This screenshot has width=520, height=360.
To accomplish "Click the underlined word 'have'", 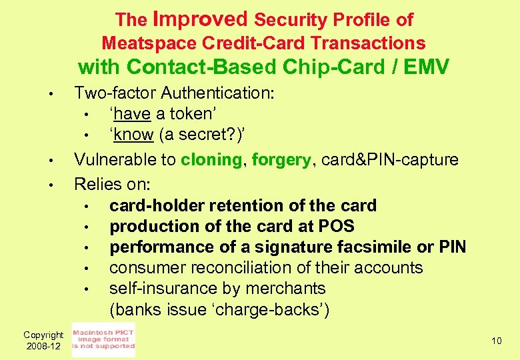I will pyautogui.click(x=132, y=113).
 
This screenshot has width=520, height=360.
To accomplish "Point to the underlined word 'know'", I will pyautogui.click(x=134, y=134).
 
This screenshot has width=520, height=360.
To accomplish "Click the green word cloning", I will pyautogui.click(x=211, y=160).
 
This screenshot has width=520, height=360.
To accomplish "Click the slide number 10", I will pyautogui.click(x=496, y=341).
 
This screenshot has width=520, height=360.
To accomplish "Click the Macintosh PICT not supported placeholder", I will pyautogui.click(x=103, y=339).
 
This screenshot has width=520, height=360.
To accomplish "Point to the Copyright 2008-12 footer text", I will pyautogui.click(x=43, y=341).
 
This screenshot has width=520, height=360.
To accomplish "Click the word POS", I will pyautogui.click(x=337, y=227).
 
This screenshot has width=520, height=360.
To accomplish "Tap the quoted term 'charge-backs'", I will pyautogui.click(x=277, y=310).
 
